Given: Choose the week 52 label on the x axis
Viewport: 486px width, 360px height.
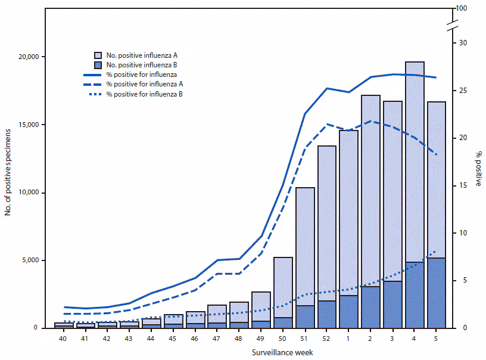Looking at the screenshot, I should (327, 339).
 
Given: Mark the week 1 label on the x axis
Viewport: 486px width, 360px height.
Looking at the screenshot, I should (349, 339).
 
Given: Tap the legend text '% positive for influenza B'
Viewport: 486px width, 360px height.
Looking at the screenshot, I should (144, 94).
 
